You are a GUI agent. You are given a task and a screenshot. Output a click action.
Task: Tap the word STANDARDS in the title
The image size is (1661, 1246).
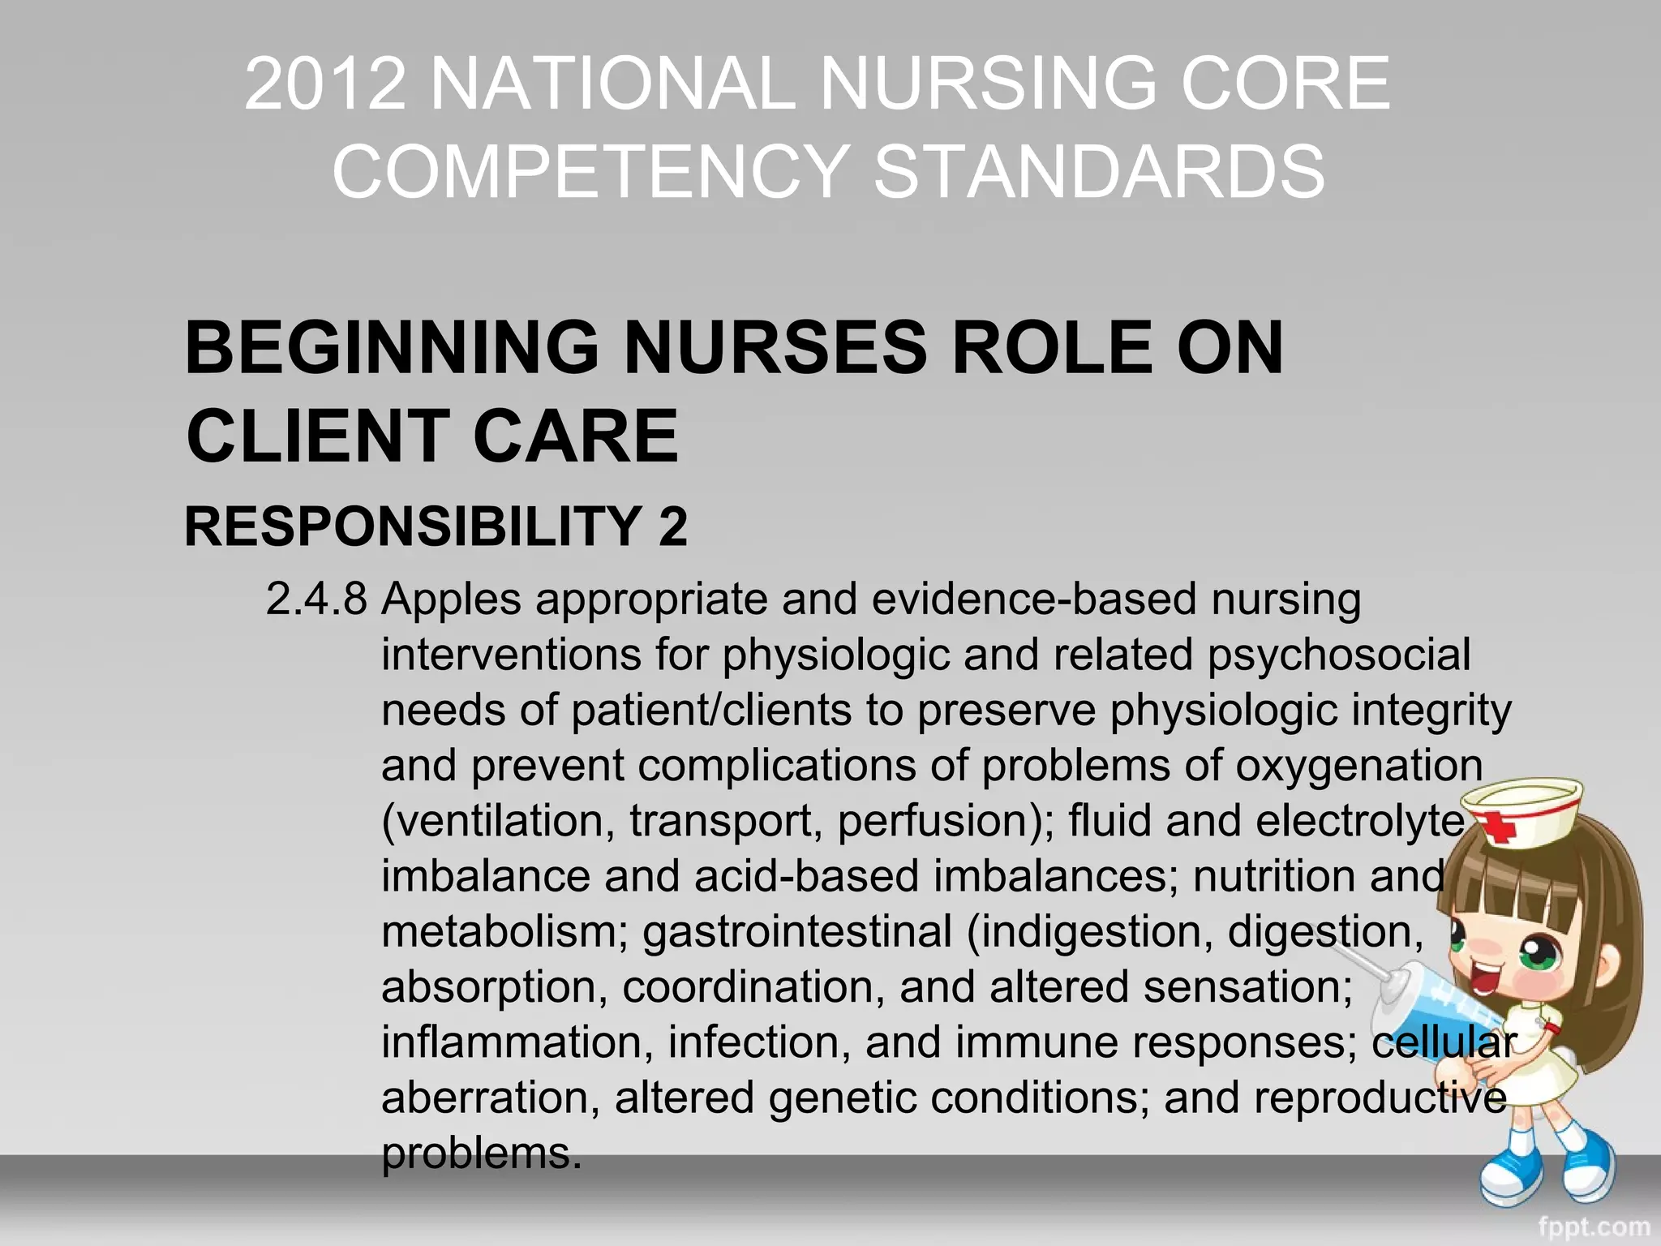[1099, 171]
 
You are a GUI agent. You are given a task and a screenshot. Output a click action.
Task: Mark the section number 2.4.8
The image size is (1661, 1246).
[316, 599]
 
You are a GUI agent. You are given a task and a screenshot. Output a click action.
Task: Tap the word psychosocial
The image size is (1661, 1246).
[1338, 655]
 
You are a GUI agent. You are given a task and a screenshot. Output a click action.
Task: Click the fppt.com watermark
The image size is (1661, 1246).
[1594, 1226]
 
